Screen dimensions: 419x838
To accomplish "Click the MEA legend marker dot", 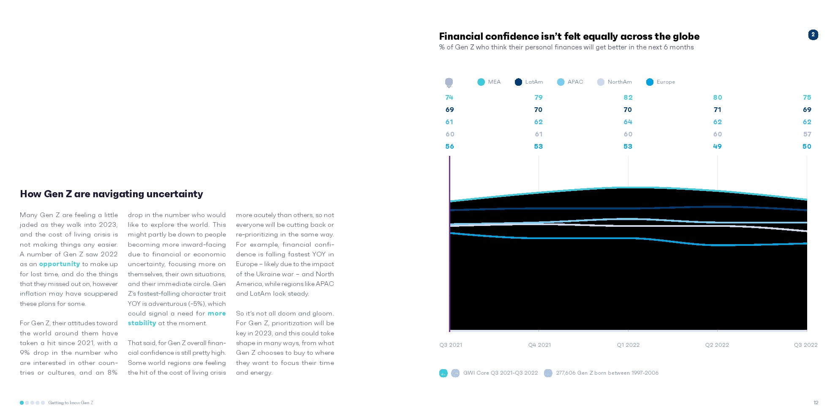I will [x=481, y=82].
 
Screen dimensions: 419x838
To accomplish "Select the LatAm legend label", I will [x=534, y=82].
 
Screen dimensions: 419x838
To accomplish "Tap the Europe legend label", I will [x=666, y=82].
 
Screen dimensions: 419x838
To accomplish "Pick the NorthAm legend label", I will [x=620, y=82].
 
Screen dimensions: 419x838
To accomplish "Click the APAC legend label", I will [x=575, y=82].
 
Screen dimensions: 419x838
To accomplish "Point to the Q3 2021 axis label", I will [x=451, y=345].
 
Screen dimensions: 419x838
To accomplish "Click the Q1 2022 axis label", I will [x=628, y=345].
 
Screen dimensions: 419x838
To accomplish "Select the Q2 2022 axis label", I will [x=717, y=345].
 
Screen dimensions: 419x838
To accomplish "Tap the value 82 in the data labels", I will [x=628, y=98].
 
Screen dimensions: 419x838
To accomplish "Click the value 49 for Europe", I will [x=717, y=147].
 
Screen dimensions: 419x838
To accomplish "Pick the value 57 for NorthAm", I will [x=807, y=134].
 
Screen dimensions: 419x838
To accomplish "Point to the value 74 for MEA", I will [x=449, y=98].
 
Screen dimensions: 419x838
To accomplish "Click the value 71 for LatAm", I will [x=717, y=110].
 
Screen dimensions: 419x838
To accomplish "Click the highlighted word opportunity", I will [x=60, y=264].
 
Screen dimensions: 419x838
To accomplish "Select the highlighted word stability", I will [x=142, y=323].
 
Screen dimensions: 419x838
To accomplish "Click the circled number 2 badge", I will [x=813, y=35].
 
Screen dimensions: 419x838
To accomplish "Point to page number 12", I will [x=816, y=403].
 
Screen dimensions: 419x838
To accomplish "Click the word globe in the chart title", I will [x=683, y=36].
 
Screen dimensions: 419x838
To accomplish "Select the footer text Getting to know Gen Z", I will [x=71, y=403].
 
